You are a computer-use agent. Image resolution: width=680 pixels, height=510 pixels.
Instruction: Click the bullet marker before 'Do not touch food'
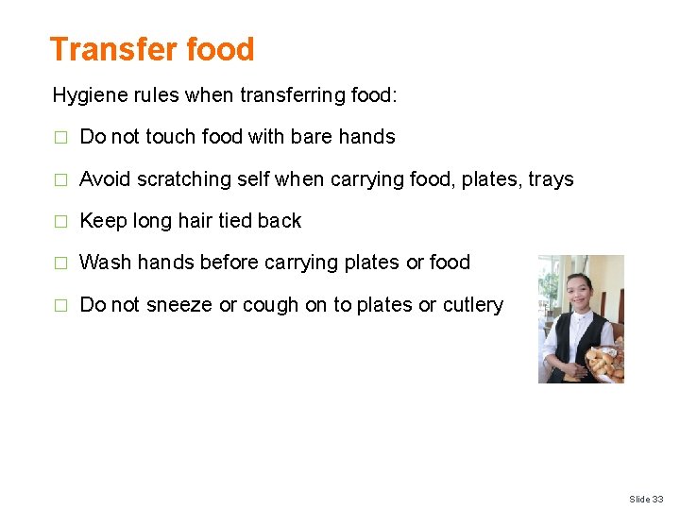point(60,137)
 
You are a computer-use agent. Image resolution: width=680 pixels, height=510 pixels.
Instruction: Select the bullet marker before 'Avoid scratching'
point(60,179)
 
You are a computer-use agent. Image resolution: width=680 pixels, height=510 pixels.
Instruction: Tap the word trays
point(551,179)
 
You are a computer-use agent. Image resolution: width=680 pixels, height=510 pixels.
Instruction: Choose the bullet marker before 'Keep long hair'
point(60,221)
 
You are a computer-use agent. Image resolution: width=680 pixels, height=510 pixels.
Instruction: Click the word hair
point(196,221)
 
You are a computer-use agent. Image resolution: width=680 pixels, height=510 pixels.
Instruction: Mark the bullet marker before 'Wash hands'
point(60,263)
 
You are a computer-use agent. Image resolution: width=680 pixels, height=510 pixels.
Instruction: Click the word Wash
point(106,263)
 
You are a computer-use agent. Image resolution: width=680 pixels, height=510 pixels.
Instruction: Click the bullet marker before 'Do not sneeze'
point(60,305)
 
